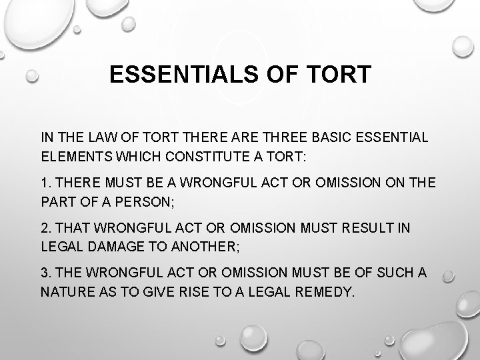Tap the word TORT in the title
[x=339, y=74]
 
